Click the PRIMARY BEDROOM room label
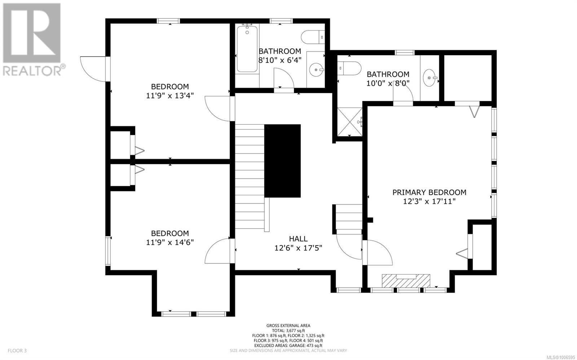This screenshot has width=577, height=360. click(429, 192)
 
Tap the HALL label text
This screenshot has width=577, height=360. click(298, 239)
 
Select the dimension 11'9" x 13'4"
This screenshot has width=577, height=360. click(170, 96)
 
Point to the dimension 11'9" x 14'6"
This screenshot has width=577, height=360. click(170, 243)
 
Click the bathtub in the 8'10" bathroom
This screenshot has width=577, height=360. click(247, 49)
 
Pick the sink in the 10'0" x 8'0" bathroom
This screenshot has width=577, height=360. click(430, 77)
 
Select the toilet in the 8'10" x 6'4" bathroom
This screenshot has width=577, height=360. click(313, 37)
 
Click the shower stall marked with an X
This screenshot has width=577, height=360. click(349, 122)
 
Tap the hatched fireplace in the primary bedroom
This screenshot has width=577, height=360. click(406, 281)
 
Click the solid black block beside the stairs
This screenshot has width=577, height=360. click(283, 161)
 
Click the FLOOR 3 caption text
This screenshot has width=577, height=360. click(17, 351)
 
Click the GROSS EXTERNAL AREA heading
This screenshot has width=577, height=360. click(288, 325)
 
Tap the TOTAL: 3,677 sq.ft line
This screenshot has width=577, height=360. click(288, 331)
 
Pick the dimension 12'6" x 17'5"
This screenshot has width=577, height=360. click(298, 248)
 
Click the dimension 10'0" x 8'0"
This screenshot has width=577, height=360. click(388, 83)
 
